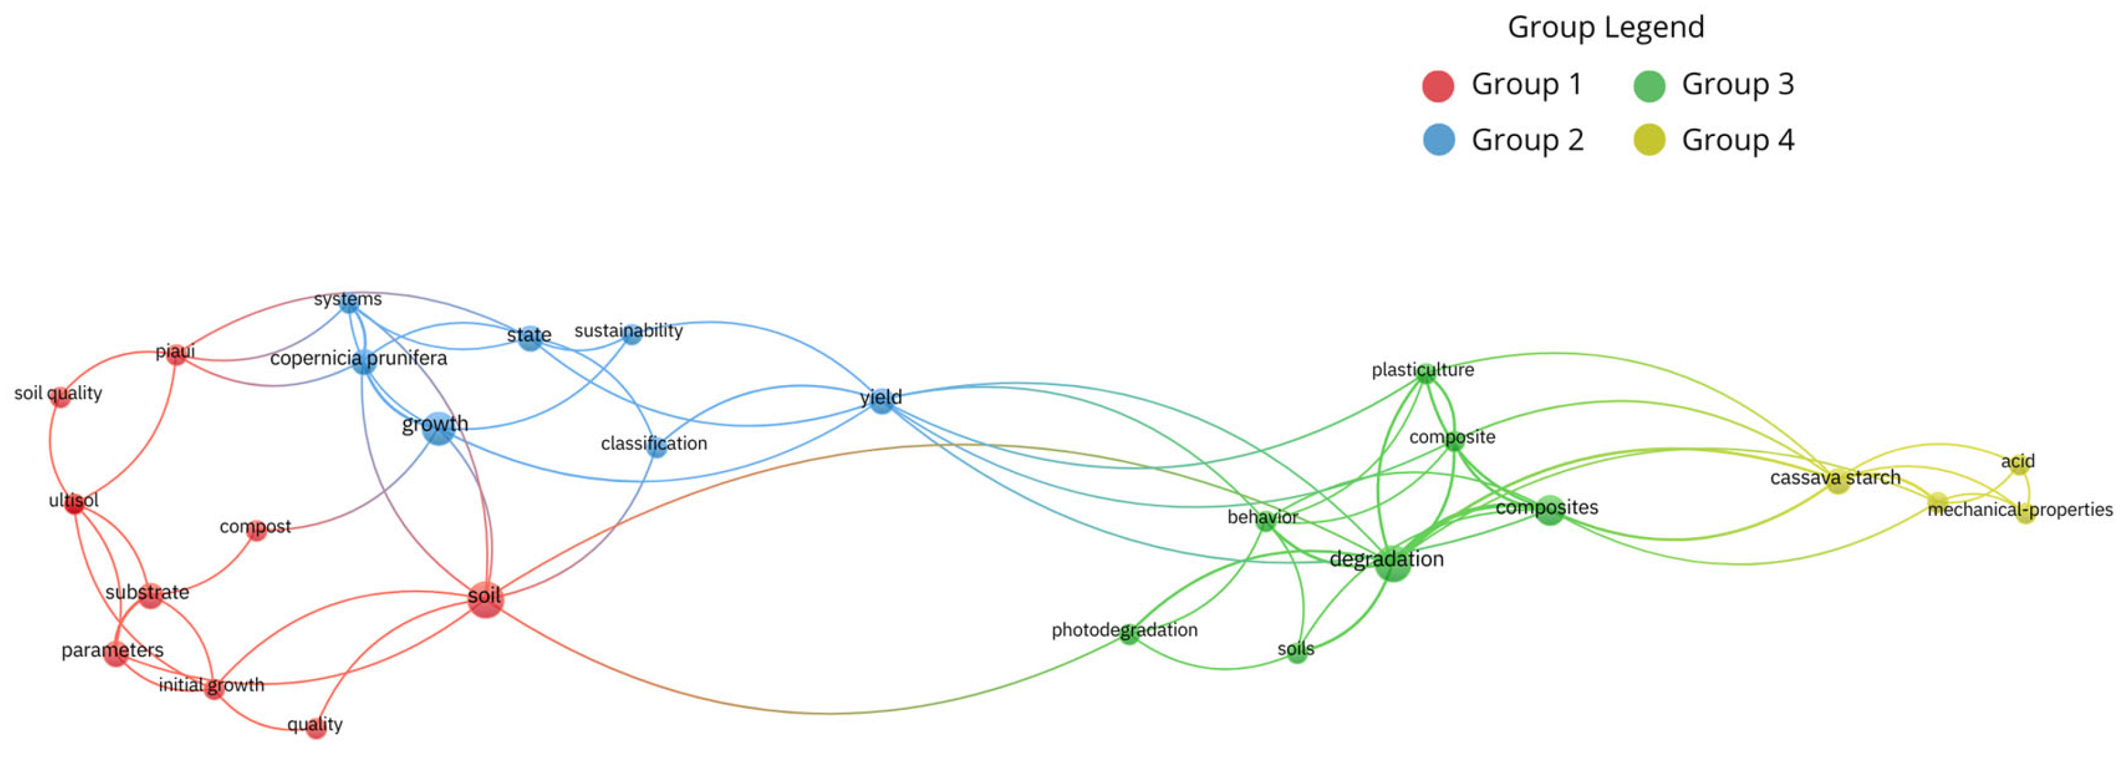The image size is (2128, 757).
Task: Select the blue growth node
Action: pos(439,427)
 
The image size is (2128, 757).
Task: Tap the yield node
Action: pos(881,400)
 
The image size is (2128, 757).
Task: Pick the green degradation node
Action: pos(1393,564)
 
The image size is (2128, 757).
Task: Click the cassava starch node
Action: pos(1836,482)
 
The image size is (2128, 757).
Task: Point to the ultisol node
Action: pos(74,503)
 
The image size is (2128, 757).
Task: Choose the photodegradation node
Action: pos(1129,634)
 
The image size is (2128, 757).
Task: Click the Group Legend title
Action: pos(1605,27)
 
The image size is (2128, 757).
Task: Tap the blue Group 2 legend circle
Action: pos(1438,140)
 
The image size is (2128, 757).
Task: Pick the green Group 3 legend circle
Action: pos(1649,86)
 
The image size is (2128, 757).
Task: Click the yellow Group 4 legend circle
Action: pos(1649,140)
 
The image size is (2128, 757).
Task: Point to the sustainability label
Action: pos(628,330)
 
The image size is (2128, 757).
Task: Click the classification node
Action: pos(656,447)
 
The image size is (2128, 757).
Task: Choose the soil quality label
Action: pos(58,393)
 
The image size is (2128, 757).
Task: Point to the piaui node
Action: pos(175,355)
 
